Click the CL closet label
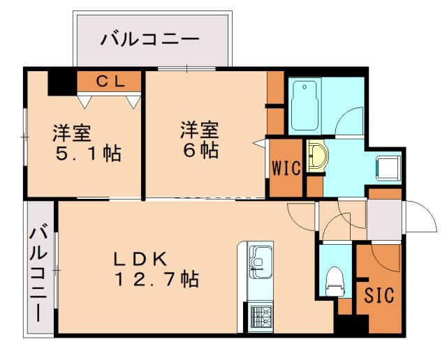[110, 82]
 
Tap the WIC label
[286, 168]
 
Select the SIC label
[379, 295]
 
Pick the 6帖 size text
[200, 151]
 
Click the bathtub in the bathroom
[305, 106]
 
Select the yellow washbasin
[316, 155]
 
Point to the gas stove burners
[259, 317]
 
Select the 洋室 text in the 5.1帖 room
[72, 132]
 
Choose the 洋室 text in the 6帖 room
[200, 130]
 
